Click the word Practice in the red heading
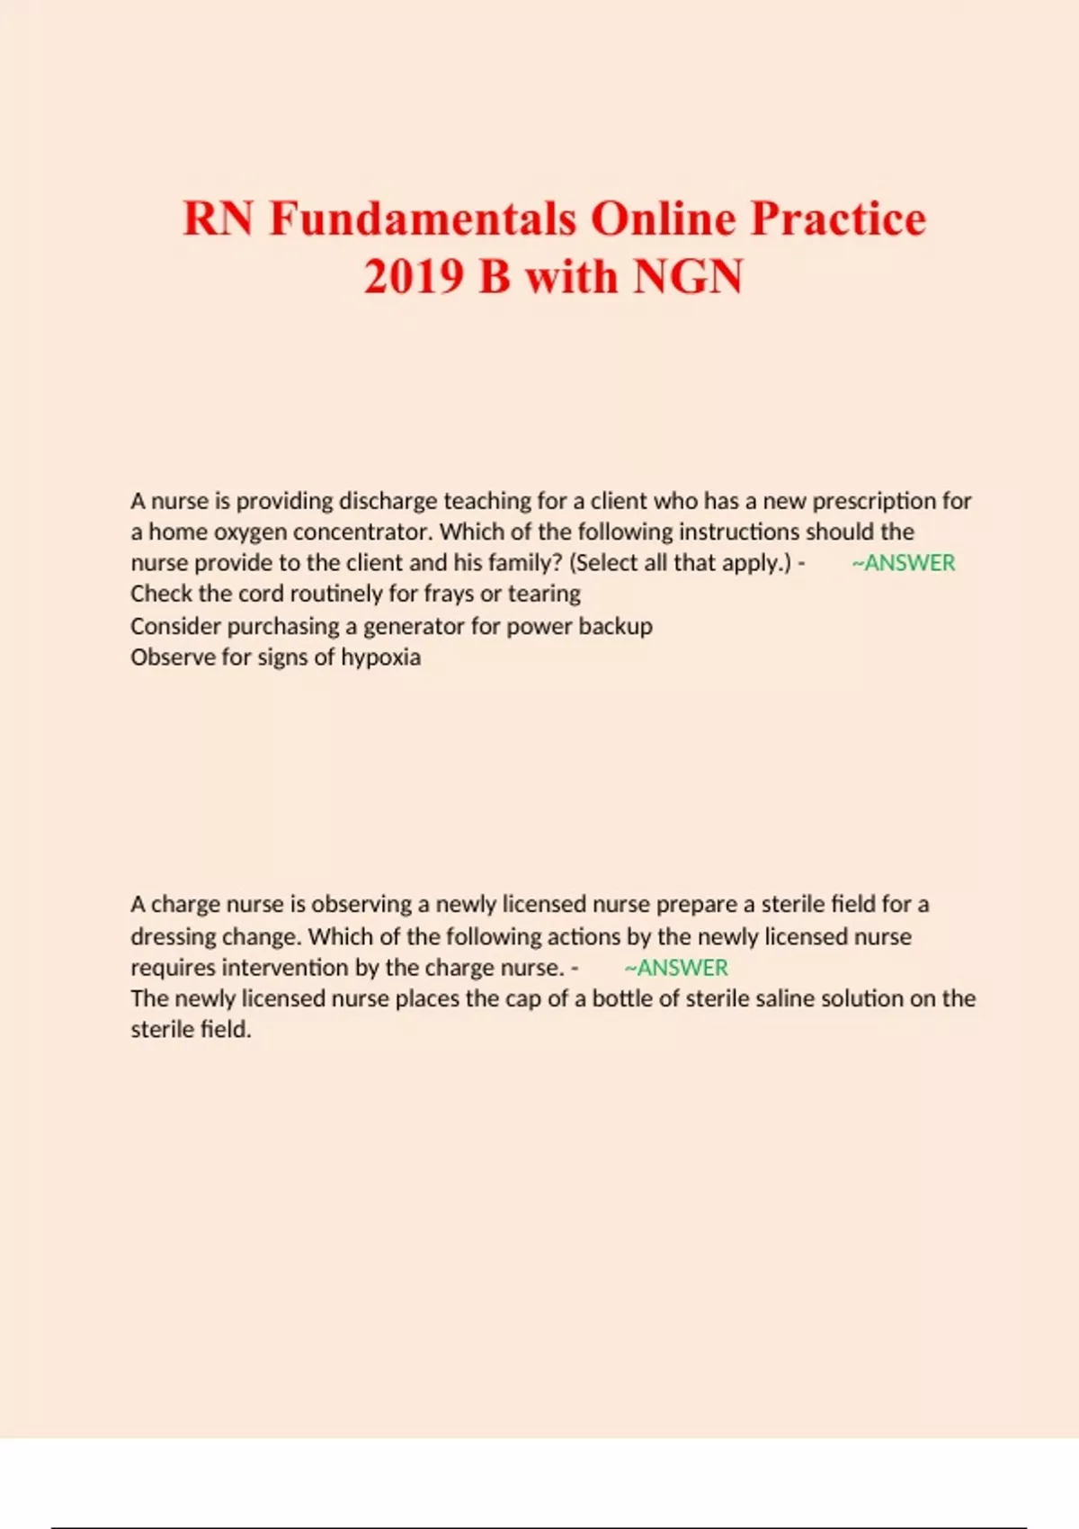[838, 219]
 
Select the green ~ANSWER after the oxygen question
[903, 563]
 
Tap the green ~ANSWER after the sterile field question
[676, 968]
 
